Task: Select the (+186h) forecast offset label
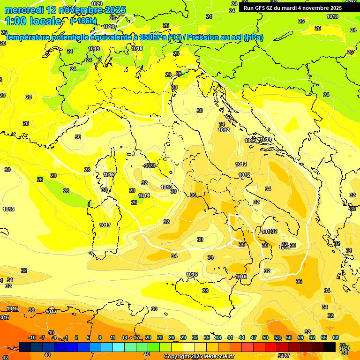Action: pos(83,21)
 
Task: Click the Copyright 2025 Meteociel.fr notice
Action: pos(199,356)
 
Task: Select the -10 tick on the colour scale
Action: pos(32,337)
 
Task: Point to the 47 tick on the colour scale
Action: pos(254,337)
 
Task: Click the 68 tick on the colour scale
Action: pos(336,337)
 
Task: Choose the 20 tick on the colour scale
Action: pos(148,337)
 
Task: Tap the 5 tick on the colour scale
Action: pos(89,337)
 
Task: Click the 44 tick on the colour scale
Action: pos(242,337)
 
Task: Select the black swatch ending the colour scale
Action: pos(330,347)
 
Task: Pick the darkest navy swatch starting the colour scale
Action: pos(25,347)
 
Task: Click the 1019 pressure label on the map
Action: pos(94,49)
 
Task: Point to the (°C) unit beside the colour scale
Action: pos(344,347)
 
